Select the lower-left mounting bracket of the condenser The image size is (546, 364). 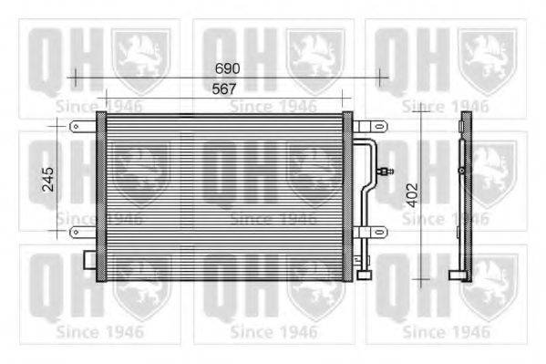pyautogui.click(x=84, y=232)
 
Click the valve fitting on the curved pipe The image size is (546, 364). pyautogui.click(x=386, y=169)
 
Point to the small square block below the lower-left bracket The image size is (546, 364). pyautogui.click(x=89, y=259)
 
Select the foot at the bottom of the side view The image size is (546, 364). pyautogui.click(x=458, y=273)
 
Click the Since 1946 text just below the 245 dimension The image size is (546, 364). pyautogui.click(x=89, y=218)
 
